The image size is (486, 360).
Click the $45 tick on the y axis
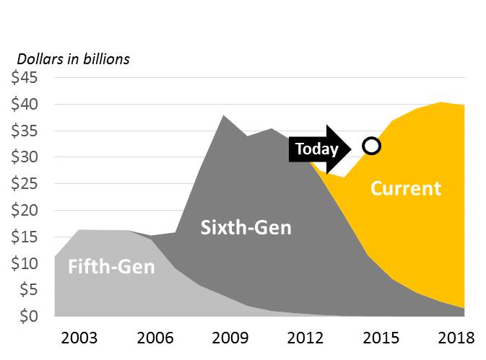pos(27,78)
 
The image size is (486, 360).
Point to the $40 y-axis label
pos(27,105)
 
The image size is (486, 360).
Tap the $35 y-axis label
pos(27,131)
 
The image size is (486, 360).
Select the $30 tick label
pos(27,157)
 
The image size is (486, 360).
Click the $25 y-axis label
pos(27,184)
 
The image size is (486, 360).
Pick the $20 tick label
pos(27,211)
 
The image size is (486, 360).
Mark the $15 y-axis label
pos(27,237)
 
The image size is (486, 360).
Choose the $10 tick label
pos(27,263)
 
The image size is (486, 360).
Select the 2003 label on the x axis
pos(79,338)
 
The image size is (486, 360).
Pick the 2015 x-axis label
pos(380,338)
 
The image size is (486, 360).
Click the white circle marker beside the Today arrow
pos(371,146)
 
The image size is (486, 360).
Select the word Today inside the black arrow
pos(316,149)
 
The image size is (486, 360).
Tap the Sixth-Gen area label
pos(245,229)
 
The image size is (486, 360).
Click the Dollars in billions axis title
pos(73,59)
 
